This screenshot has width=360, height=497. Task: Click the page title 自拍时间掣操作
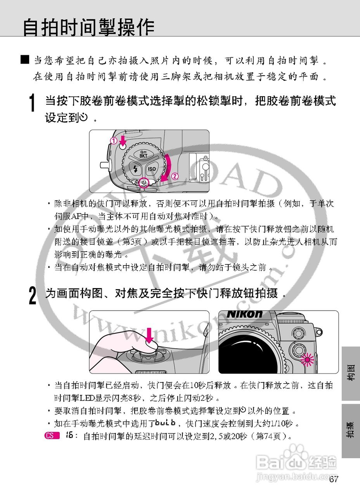pos(89,27)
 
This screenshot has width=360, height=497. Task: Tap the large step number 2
pos(33,295)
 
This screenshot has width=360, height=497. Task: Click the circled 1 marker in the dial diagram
pos(114,142)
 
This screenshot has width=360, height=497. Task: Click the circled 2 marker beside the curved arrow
pos(175,176)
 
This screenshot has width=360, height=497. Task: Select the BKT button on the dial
pos(144,154)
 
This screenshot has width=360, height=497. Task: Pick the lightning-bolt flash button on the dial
pos(135,169)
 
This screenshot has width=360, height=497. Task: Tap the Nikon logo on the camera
pos(244,314)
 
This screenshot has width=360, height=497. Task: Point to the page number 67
pos(334,479)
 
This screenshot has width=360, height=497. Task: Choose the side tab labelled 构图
pos(351,373)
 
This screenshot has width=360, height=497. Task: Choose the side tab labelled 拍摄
pos(351,431)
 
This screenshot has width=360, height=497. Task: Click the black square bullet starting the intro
pos(25,60)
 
